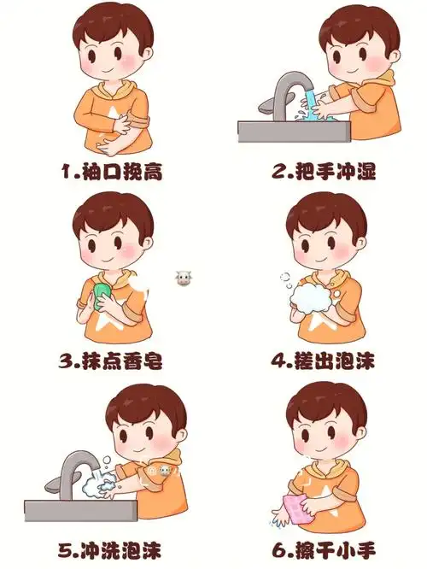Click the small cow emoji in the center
[x=182, y=279]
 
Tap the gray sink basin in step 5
[x=77, y=510]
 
